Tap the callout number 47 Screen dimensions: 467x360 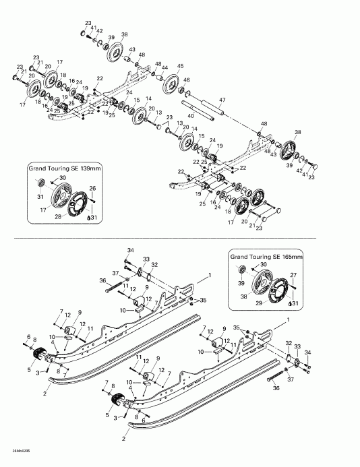pos(222,100)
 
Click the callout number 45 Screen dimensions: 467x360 pos(180,66)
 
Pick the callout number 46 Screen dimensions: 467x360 pos(187,80)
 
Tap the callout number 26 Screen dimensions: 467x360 pos(93,188)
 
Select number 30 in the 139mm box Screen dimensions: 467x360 pos(63,177)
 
